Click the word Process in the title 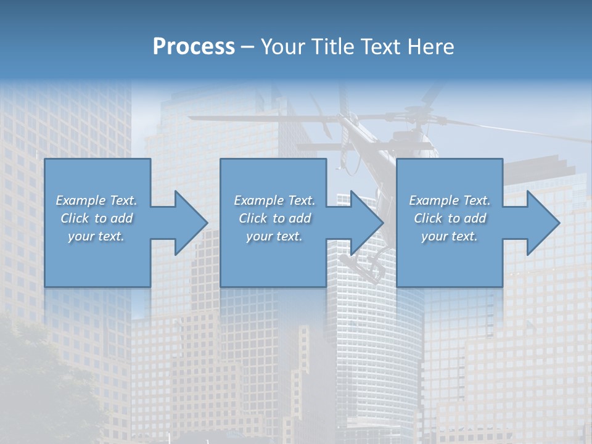pos(194,47)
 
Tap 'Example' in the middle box pos(258,200)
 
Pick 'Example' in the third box pos(433,200)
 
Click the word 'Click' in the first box pos(74,218)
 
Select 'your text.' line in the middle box pos(274,236)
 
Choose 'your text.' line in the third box pos(449,236)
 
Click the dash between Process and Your pos(248,47)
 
